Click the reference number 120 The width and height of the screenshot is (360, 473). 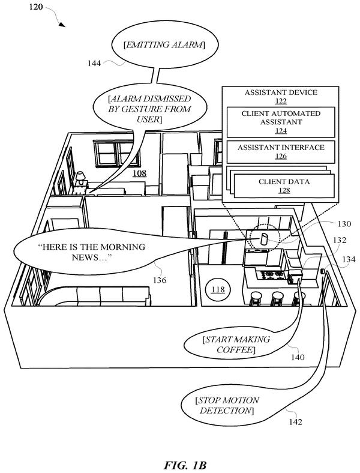point(36,7)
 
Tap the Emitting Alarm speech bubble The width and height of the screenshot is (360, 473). point(164,45)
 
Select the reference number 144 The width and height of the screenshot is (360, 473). point(94,64)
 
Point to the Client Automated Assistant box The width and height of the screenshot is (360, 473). point(281,122)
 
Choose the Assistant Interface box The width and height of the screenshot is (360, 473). point(281,152)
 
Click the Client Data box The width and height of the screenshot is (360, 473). point(284,186)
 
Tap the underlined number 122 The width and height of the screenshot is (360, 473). point(281,101)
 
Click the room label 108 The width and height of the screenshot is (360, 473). point(140,173)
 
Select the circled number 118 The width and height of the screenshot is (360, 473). point(218,289)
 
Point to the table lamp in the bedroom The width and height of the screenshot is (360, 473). point(80,179)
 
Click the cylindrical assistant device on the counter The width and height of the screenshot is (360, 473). point(264,240)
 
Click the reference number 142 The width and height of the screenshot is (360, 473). point(295,422)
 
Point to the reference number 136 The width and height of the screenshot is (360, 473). point(160,280)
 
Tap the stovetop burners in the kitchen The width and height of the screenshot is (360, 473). point(274,275)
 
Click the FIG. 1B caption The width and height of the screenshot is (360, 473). point(185,465)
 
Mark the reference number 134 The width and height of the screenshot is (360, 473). point(349,259)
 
